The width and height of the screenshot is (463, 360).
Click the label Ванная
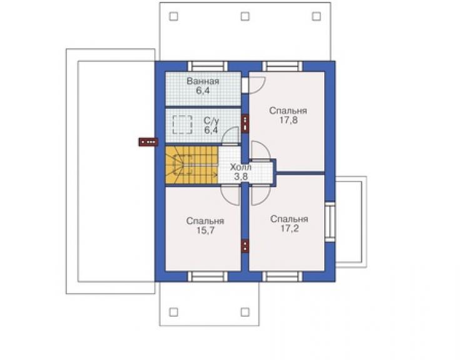click(203, 81)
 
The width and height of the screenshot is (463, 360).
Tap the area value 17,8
click(288, 120)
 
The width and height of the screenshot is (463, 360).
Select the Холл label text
click(241, 167)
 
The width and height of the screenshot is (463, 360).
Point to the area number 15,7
click(205, 230)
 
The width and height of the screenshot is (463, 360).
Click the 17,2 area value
click(289, 229)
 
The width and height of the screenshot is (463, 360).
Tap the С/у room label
click(211, 121)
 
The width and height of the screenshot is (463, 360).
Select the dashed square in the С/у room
click(183, 125)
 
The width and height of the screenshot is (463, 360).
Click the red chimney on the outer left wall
click(148, 142)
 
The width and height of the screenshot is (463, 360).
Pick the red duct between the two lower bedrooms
click(245, 246)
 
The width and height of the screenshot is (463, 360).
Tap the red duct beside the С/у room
click(245, 123)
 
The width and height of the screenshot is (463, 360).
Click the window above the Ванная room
click(208, 66)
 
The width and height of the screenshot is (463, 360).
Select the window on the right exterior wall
click(330, 222)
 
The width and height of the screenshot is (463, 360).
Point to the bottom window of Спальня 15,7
click(208, 276)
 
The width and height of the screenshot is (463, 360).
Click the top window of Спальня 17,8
click(283, 66)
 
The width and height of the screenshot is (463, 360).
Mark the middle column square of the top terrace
click(245, 16)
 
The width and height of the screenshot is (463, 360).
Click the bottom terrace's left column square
click(174, 312)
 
